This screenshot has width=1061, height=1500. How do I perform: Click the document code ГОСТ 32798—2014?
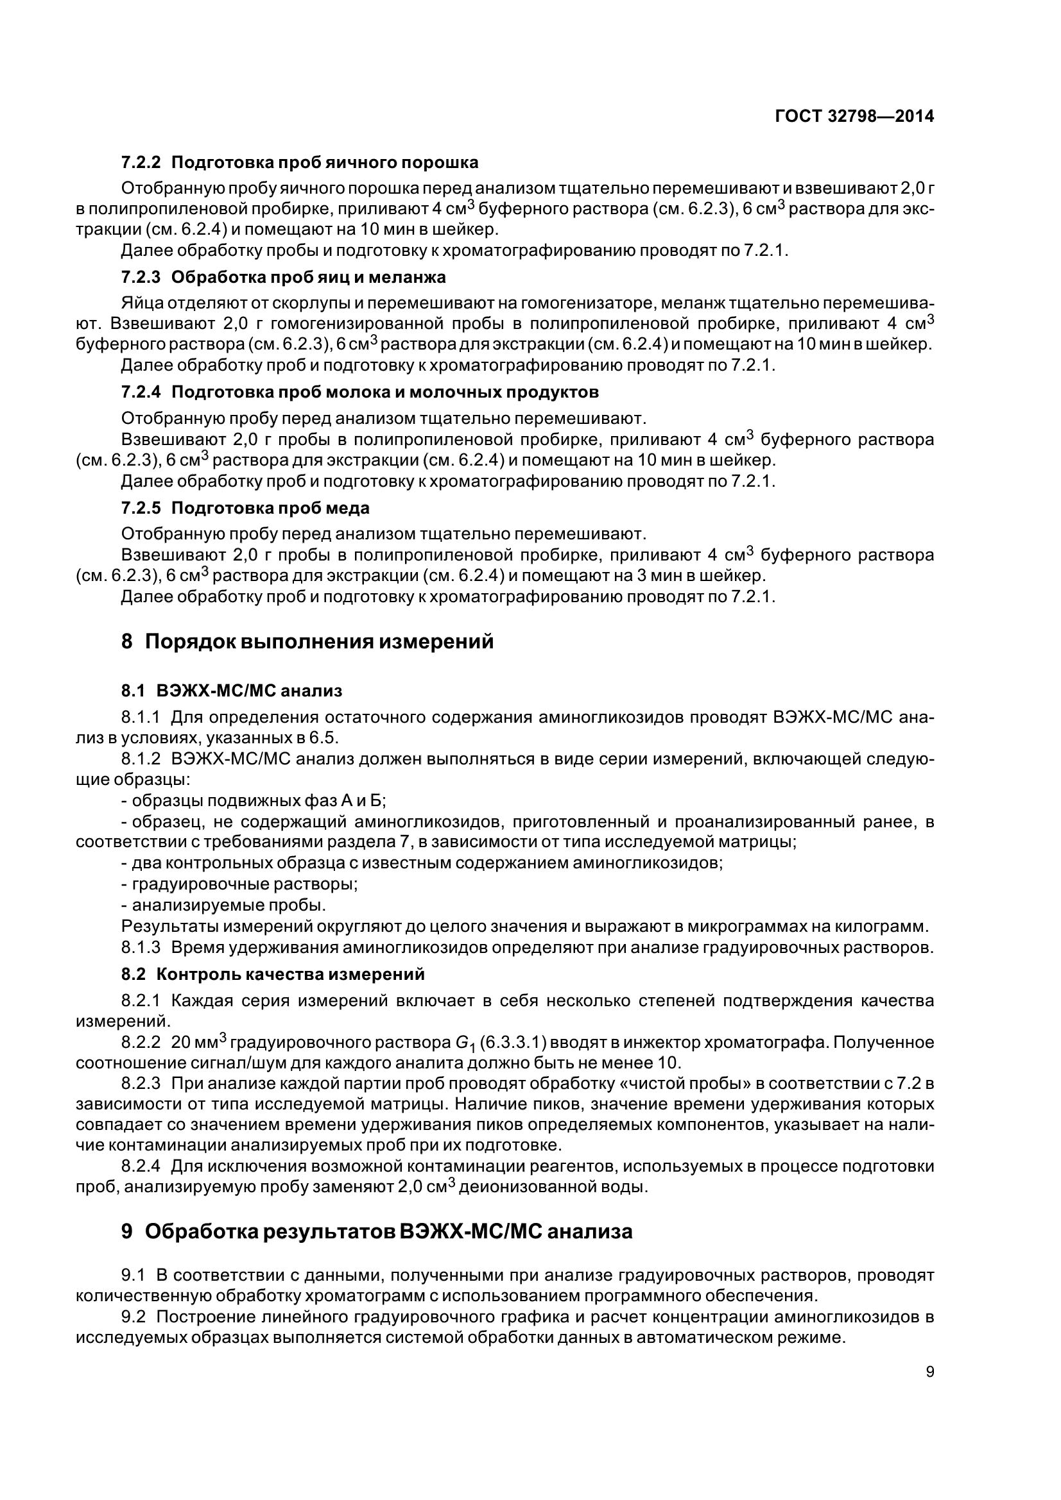click(854, 116)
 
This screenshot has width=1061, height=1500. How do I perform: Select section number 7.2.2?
click(141, 162)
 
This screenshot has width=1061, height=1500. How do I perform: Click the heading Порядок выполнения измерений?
click(319, 642)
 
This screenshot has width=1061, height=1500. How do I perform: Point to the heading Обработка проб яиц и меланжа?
click(309, 277)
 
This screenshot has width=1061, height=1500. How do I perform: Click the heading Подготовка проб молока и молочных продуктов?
click(385, 392)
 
